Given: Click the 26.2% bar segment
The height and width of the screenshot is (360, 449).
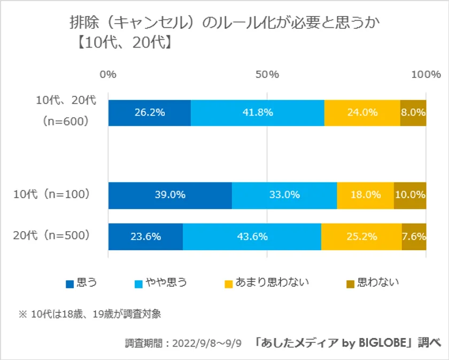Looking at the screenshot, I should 150,113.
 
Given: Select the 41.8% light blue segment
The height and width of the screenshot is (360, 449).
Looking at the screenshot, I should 258,113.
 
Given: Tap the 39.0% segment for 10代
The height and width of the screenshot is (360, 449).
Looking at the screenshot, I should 170,195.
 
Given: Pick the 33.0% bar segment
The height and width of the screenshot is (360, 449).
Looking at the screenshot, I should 284,195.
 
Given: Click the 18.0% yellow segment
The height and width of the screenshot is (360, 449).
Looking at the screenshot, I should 366,195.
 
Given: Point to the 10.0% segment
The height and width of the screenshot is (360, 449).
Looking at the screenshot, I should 410,195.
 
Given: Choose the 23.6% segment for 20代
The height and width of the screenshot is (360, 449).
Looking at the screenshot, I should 145,236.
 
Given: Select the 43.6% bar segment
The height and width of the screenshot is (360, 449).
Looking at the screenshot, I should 252,236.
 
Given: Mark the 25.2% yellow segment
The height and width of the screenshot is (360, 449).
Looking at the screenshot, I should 361,236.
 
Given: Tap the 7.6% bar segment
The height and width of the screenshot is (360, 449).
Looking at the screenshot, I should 414,236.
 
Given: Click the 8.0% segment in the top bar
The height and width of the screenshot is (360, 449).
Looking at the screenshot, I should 413,113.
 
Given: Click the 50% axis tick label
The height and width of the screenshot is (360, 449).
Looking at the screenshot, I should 267,75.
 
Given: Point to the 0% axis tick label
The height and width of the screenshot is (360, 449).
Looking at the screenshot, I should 109,75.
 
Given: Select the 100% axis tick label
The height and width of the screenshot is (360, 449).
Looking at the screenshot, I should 425,75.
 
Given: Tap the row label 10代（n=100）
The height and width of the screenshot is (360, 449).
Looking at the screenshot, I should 51,195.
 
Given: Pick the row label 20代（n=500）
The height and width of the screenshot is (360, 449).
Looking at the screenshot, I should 51,235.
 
